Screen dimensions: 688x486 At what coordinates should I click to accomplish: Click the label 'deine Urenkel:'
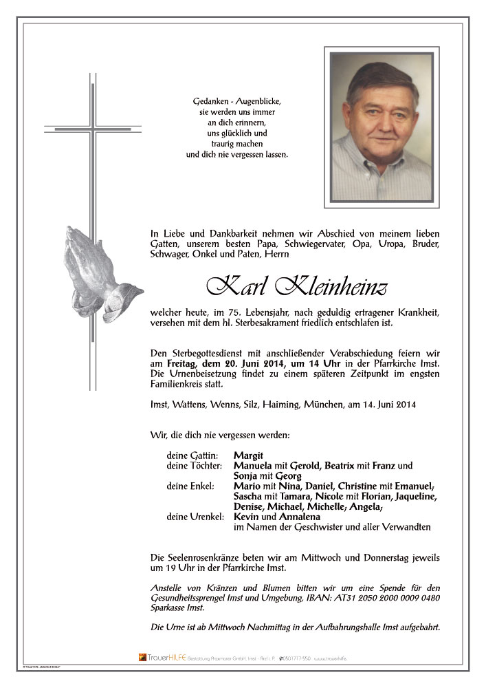click(x=195, y=516)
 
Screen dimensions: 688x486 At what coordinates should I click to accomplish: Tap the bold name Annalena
click(x=301, y=516)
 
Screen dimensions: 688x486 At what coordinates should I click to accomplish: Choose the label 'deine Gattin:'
click(x=192, y=455)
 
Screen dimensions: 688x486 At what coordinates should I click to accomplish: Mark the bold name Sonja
click(x=247, y=476)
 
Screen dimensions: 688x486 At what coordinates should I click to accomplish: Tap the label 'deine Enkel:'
click(x=190, y=486)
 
